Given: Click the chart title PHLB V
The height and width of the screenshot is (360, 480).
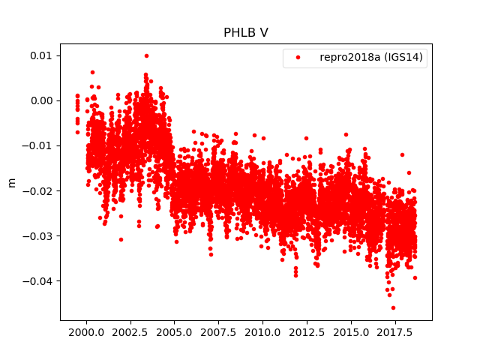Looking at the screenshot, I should click(x=245, y=33).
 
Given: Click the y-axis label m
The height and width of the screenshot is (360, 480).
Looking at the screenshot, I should click(x=11, y=182).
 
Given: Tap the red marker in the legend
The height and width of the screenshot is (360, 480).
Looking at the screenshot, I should click(x=298, y=58).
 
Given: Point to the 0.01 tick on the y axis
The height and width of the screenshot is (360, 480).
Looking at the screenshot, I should click(x=40, y=55).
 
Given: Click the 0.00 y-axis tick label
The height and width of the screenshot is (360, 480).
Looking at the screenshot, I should click(x=40, y=100).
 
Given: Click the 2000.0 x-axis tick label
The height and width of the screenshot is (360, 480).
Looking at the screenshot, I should click(x=86, y=331).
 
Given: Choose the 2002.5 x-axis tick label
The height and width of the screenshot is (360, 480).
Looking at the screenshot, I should click(x=130, y=331).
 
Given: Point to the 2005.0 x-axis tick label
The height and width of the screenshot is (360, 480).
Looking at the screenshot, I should click(x=174, y=331).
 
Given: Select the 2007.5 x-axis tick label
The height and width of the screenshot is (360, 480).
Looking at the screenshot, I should click(x=218, y=331).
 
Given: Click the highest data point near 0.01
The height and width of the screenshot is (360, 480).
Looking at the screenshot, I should click(x=146, y=55).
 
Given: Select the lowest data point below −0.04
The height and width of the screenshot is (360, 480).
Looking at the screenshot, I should click(x=393, y=307).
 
